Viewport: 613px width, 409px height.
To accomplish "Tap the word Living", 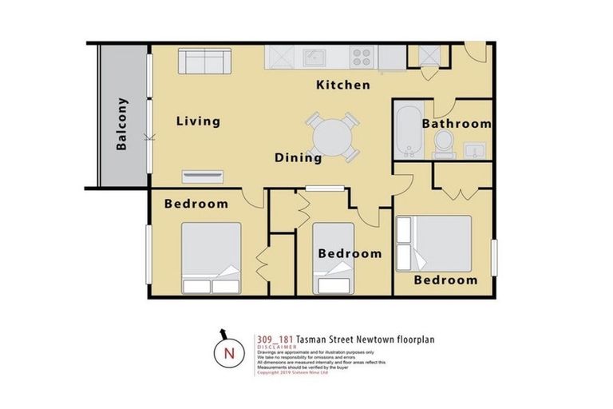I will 198,121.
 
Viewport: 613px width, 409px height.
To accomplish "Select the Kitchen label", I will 342,85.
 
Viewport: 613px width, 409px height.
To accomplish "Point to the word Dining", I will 299,157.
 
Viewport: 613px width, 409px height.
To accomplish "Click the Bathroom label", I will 456,124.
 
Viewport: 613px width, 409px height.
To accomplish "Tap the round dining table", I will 330,137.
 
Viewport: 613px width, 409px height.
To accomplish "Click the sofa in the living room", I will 200,61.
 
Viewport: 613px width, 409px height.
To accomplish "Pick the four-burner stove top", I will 361,57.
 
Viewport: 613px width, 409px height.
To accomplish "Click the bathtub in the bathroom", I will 406,129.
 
